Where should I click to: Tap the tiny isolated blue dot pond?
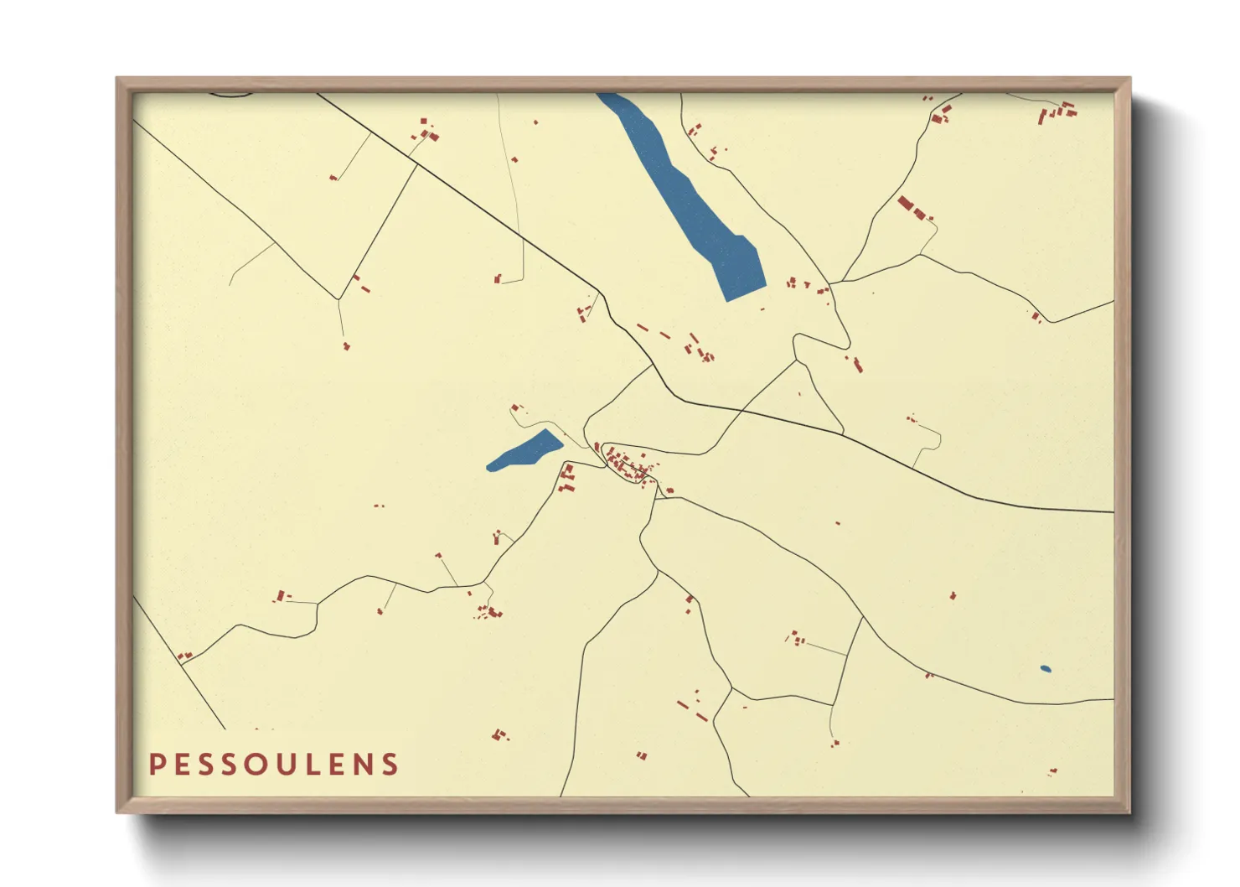(x=1045, y=669)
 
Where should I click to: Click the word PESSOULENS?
(x=274, y=765)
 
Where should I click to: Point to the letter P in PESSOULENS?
(x=156, y=765)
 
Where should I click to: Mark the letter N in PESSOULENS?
(x=362, y=765)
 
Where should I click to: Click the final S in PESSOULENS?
(x=390, y=765)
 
